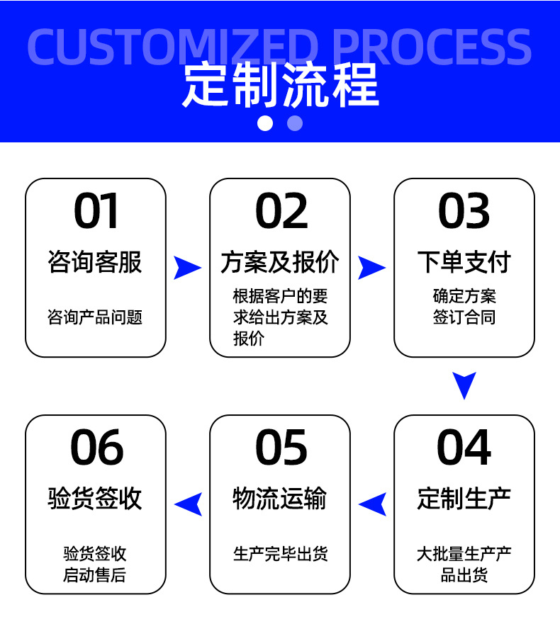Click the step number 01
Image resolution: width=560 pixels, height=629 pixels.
click(x=96, y=211)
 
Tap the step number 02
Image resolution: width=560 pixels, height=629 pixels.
click(x=281, y=211)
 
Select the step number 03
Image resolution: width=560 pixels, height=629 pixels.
click(x=464, y=211)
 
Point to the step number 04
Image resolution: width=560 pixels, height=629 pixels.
click(x=464, y=448)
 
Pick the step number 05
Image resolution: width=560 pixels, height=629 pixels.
click(x=281, y=448)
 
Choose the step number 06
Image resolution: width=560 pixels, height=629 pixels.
click(x=96, y=448)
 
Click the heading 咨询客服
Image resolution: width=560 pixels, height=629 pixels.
click(x=96, y=262)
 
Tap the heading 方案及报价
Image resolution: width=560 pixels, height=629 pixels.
click(x=280, y=262)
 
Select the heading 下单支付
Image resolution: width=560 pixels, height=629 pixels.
click(x=464, y=262)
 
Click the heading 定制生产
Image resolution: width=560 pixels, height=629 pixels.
click(x=464, y=499)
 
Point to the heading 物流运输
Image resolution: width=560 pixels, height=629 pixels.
click(x=280, y=499)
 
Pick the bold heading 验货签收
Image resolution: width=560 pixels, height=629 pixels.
click(x=96, y=499)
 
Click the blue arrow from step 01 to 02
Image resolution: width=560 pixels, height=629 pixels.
click(x=187, y=267)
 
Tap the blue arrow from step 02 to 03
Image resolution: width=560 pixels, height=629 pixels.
click(x=371, y=267)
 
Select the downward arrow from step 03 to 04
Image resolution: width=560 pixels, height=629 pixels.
click(x=464, y=385)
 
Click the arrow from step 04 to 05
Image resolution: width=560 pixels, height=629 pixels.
click(x=373, y=504)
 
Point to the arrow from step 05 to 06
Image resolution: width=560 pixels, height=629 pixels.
click(x=189, y=504)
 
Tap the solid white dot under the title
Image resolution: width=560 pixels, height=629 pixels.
click(x=265, y=123)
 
